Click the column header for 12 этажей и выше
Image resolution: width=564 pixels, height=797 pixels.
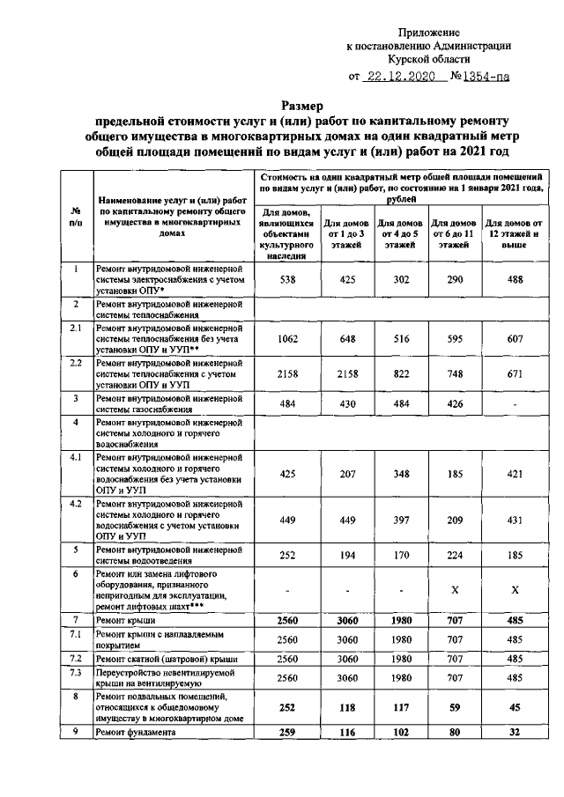[x=517, y=234]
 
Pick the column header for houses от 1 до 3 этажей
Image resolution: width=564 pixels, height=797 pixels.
[x=345, y=234]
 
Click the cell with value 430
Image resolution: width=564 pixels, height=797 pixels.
[x=345, y=402]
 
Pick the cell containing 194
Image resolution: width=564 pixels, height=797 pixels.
[x=345, y=557]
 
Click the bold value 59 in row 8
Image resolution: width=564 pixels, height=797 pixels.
[x=456, y=705]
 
